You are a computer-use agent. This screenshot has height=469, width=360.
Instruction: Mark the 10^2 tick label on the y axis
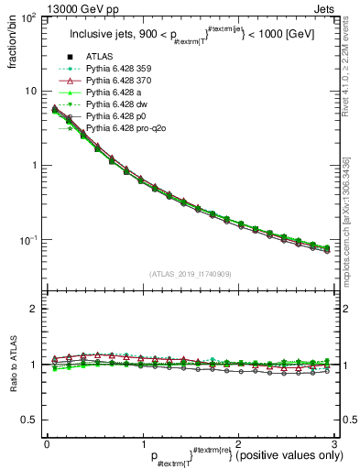click(29, 18)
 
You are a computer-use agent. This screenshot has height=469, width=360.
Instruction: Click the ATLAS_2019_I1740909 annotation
click(191, 274)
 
